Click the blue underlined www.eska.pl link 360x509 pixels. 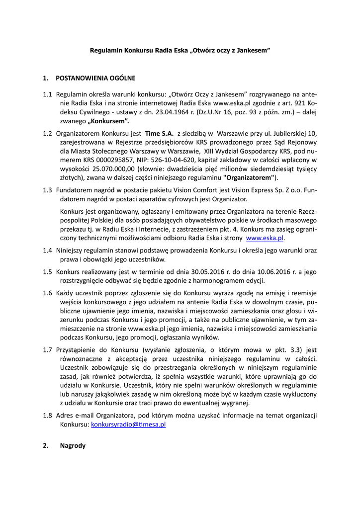[x=265, y=238]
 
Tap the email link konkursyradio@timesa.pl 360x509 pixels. [x=128, y=425]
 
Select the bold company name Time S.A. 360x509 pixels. [x=159, y=133]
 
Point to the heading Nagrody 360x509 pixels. [x=73, y=446]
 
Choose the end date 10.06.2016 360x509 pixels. [x=271, y=272]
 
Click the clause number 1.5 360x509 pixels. [x=48, y=272]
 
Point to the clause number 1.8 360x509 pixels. [x=48, y=416]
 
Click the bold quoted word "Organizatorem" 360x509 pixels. [x=250, y=177]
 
